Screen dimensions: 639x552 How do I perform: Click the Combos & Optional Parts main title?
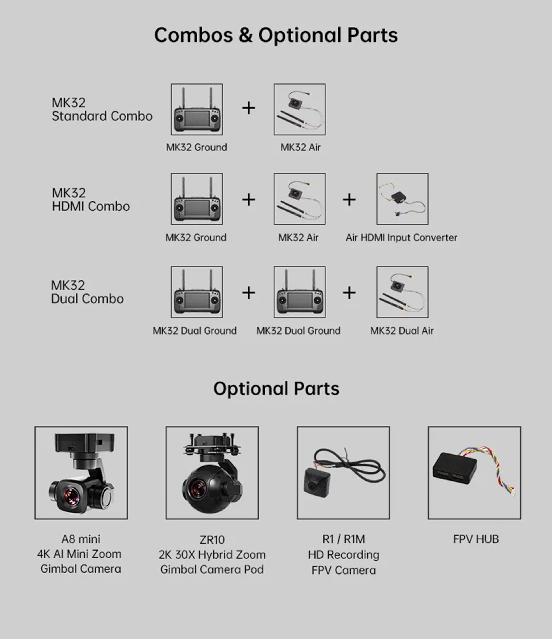click(276, 35)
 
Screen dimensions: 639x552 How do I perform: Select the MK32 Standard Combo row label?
click(102, 109)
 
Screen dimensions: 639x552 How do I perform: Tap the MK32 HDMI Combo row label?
click(91, 200)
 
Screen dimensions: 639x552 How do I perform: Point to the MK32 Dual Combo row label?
click(87, 292)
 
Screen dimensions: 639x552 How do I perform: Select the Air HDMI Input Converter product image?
click(402, 199)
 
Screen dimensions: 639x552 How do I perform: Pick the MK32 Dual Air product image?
click(402, 292)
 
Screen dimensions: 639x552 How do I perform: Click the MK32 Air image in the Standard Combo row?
click(299, 109)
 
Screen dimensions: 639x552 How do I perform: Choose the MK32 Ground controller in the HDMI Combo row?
click(197, 199)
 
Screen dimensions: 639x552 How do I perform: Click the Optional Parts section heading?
click(276, 389)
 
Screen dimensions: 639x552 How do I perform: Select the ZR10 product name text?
click(212, 540)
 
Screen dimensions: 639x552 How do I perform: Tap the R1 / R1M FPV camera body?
click(317, 482)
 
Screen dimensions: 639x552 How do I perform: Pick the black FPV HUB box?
click(454, 468)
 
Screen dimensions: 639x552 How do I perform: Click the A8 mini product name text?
click(81, 539)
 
